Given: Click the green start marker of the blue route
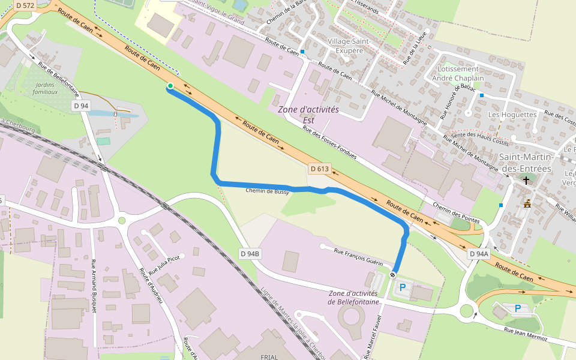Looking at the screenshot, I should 170,86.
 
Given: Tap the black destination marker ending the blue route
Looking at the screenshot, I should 392,275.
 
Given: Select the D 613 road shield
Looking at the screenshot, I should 319,169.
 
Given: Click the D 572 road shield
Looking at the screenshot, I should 25,5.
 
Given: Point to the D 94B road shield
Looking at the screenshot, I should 250,254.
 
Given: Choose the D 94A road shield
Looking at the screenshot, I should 479,254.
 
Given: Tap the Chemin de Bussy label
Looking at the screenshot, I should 268,191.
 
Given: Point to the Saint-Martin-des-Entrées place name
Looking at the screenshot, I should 526,163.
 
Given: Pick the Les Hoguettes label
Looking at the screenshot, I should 512,114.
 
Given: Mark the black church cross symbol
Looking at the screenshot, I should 526,180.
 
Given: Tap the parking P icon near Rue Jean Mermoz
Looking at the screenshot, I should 517,308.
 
